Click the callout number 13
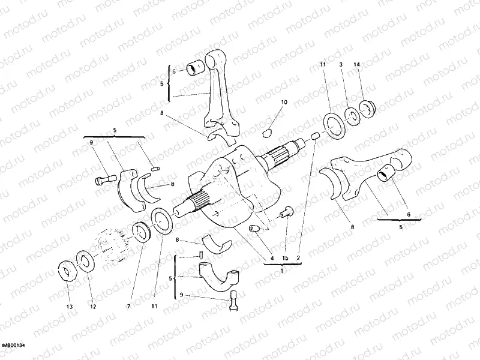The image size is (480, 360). (x=69, y=306)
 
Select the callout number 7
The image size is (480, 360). (x=127, y=306)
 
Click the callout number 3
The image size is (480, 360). (x=340, y=64)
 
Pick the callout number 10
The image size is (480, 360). (x=284, y=102)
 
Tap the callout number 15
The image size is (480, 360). (x=286, y=258)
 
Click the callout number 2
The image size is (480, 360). (x=299, y=258)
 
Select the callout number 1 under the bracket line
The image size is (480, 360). (x=281, y=271)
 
